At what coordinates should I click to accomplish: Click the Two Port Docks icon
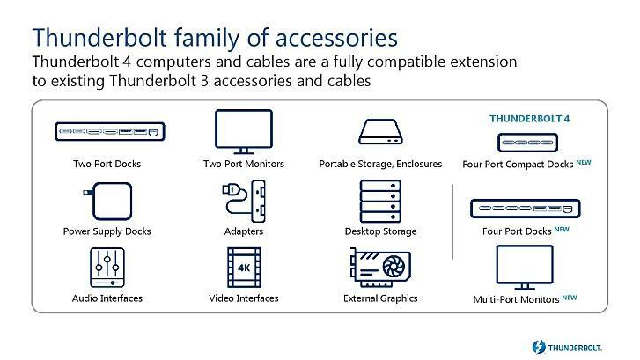110,131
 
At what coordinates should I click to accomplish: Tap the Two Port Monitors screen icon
244,131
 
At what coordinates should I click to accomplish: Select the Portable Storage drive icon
380,132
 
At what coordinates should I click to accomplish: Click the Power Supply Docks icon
107,202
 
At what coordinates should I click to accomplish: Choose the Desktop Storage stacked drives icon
380,202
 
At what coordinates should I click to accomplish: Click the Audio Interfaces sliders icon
107,268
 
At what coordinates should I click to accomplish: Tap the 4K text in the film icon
244,268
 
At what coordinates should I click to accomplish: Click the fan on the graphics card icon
394,267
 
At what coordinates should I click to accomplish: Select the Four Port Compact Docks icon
527,143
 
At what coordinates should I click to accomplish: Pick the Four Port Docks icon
526,209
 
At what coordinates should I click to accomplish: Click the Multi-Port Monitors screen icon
525,268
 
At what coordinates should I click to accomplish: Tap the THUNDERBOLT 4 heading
529,119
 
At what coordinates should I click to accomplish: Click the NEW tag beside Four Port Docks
562,230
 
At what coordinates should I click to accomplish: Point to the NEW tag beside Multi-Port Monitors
570,298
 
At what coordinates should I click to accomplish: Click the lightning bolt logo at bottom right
539,347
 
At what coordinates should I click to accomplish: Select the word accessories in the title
336,38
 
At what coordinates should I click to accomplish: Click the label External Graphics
380,298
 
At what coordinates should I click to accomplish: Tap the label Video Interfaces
244,298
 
